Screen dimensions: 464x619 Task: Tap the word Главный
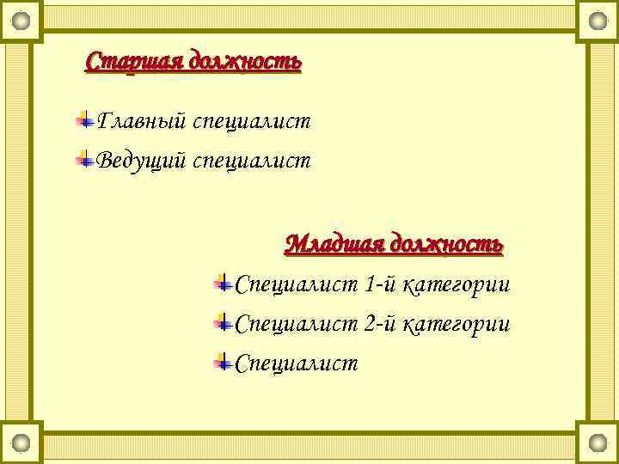coord(142,121)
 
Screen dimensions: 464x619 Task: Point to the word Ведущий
coord(142,161)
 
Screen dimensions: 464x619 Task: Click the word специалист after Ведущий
coord(251,161)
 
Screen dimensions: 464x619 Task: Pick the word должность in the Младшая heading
coord(446,244)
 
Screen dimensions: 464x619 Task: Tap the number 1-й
coord(383,284)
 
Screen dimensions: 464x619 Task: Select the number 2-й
coord(383,324)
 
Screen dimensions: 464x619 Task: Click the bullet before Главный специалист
coord(84,119)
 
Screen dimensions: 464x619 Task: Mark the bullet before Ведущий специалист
coord(84,159)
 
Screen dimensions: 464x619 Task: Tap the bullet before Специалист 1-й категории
coord(222,282)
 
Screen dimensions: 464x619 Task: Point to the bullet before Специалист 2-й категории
coord(222,322)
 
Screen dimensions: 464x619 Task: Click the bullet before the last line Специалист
coord(222,362)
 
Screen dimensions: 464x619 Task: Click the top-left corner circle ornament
coord(21,20)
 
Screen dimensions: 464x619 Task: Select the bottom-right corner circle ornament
coord(598,443)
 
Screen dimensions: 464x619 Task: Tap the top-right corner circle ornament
coord(598,20)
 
